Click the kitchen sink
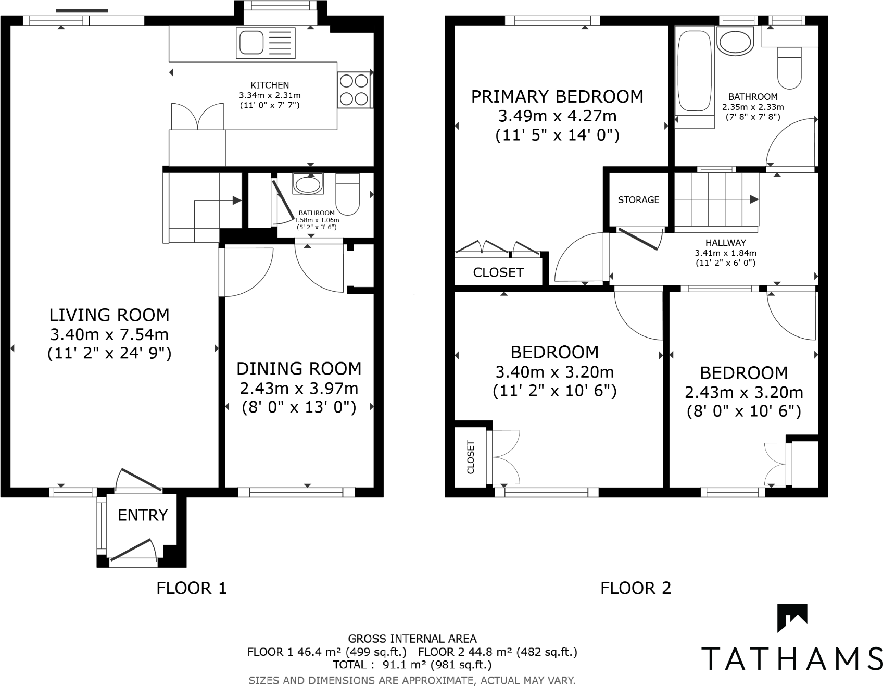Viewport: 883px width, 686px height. tap(265, 43)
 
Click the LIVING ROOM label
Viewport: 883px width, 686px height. tap(109, 315)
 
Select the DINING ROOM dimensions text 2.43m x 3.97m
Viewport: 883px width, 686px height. tap(299, 388)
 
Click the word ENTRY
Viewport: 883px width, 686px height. tap(143, 515)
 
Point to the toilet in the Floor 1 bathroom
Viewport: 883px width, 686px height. tap(348, 194)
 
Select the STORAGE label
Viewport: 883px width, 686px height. tap(638, 200)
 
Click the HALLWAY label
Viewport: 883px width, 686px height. tap(725, 243)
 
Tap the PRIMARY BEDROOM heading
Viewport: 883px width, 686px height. tap(557, 97)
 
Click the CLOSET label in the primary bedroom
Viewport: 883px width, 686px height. tap(498, 272)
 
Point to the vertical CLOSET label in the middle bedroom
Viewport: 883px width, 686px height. tap(471, 457)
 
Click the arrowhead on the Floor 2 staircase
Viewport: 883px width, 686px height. tap(753, 199)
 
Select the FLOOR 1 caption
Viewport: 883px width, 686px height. tap(192, 588)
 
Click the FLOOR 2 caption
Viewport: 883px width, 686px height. tap(636, 588)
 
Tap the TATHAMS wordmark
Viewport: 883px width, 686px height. tap(791, 659)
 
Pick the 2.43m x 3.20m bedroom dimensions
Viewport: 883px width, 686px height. tap(743, 392)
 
